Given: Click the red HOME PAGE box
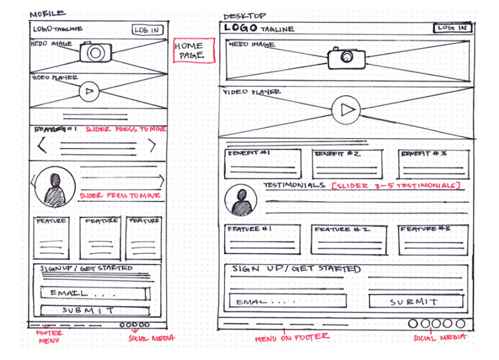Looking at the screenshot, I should (194, 51).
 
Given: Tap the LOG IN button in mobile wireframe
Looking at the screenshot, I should (147, 30).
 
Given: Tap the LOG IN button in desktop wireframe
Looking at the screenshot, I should (452, 28).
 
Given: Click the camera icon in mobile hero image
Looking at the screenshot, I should (95, 52).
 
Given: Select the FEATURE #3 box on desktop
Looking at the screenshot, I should (433, 239).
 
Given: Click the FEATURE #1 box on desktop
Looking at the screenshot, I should (262, 239).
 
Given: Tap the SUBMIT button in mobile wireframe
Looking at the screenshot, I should (95, 310).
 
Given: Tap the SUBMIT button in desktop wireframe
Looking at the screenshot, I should (416, 302).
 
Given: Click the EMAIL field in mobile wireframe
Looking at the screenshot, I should (95, 293).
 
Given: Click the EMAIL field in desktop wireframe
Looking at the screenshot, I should (288, 302).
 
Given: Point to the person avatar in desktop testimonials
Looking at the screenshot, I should (241, 199).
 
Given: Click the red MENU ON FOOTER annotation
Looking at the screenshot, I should (291, 337).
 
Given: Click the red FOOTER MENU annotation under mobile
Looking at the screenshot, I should (49, 337).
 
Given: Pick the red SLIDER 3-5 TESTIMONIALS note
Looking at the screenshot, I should (395, 186).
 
